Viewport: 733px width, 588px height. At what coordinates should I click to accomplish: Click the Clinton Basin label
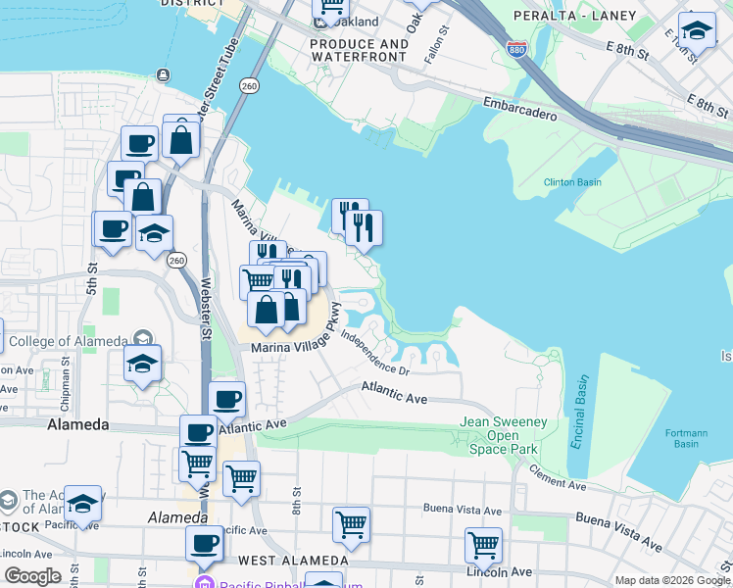572,182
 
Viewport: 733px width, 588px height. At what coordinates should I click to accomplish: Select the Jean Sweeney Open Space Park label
501,436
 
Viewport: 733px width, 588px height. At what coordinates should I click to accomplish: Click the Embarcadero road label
519,109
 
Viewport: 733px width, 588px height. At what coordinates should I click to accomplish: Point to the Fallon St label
444,45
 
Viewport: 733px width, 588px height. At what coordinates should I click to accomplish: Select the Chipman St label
65,376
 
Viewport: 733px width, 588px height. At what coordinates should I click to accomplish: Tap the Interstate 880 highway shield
515,49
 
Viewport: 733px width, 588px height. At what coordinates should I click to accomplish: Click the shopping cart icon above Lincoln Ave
483,543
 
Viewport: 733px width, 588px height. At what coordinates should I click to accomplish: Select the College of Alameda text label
68,340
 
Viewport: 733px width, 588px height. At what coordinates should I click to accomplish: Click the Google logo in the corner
32,576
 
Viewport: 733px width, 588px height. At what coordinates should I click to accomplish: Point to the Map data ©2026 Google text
672,580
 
